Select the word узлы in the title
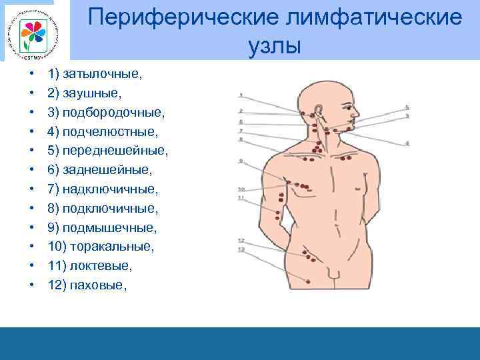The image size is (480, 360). pyautogui.click(x=274, y=45)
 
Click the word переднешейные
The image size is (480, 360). pyautogui.click(x=115, y=151)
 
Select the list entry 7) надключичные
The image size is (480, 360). pyautogui.click(x=103, y=189)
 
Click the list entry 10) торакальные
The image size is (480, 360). pyautogui.click(x=101, y=247)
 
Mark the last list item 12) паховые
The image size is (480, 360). pyautogui.click(x=87, y=285)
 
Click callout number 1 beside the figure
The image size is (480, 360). pyautogui.click(x=240, y=94)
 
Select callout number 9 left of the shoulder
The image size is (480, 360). pyautogui.click(x=241, y=161)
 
